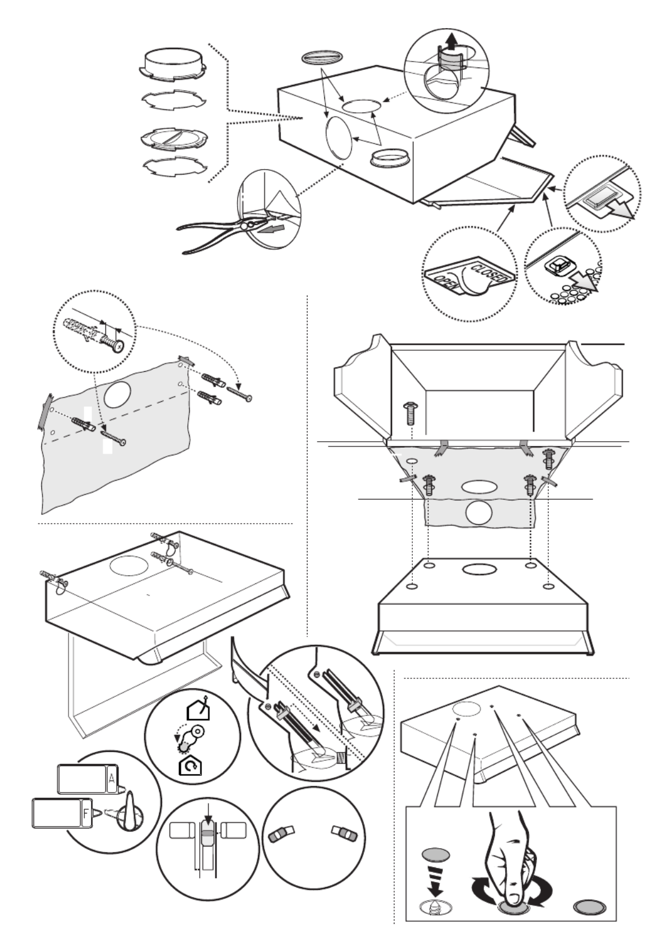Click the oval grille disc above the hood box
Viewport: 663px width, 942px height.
pyautogui.click(x=323, y=57)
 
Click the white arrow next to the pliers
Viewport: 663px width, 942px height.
pyautogui.click(x=270, y=230)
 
